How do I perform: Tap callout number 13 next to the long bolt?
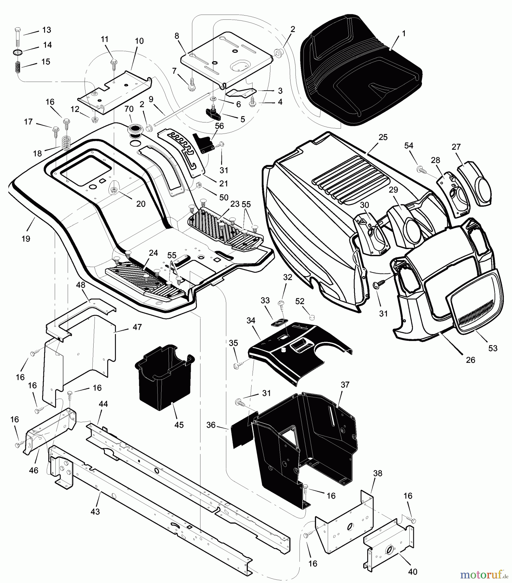tap(47, 30)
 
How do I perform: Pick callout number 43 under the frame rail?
tap(95, 511)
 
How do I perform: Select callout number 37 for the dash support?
tap(345, 384)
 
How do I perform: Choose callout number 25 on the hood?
tap(383, 137)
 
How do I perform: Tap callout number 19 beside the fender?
tap(26, 239)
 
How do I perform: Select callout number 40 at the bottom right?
tap(412, 572)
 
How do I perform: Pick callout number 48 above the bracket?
tap(81, 285)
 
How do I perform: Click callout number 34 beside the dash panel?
tap(251, 320)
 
